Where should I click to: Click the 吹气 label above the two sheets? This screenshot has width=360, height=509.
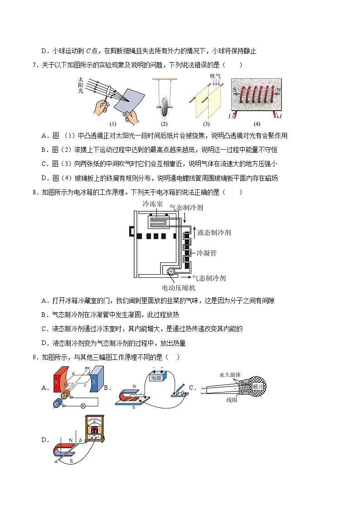[x=215, y=76]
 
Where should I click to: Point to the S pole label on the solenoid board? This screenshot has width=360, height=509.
[x=235, y=90]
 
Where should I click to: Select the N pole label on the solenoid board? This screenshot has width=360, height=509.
[x=278, y=90]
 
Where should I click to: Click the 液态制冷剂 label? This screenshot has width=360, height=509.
[x=215, y=233]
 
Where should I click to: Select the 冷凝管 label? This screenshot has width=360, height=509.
[x=206, y=253]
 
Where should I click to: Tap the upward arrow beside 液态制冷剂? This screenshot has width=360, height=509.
[x=195, y=232]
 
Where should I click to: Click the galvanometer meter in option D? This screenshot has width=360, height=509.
[x=95, y=428]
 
